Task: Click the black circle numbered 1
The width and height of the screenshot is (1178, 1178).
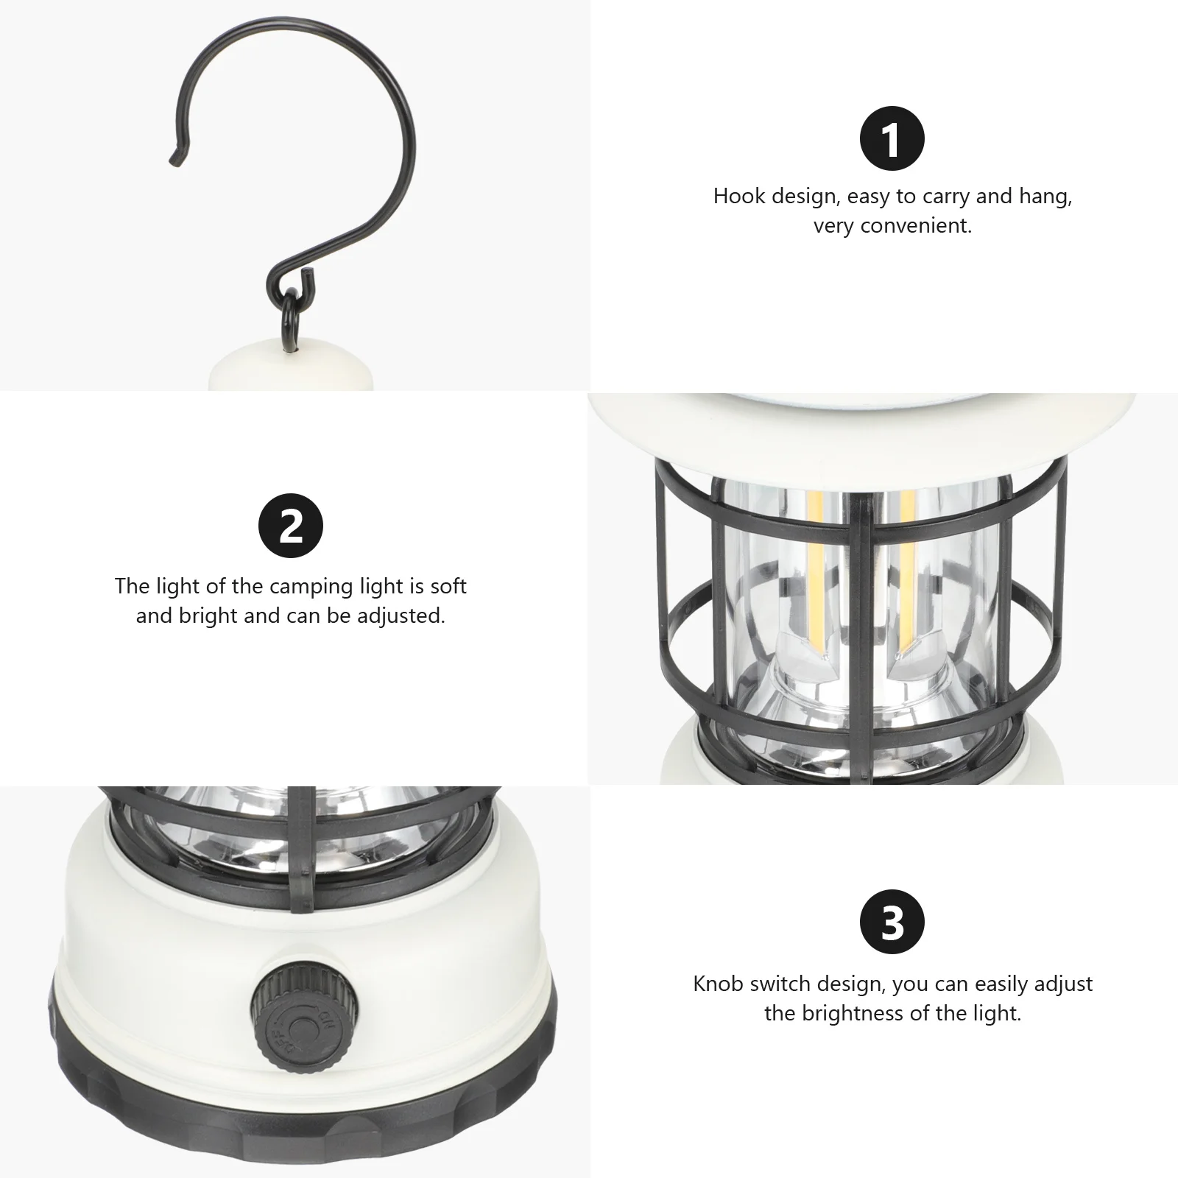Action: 892,139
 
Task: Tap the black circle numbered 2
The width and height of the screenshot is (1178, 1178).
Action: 291,526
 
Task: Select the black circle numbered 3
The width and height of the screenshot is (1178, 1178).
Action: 892,923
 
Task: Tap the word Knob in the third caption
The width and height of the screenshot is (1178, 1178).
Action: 719,984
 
